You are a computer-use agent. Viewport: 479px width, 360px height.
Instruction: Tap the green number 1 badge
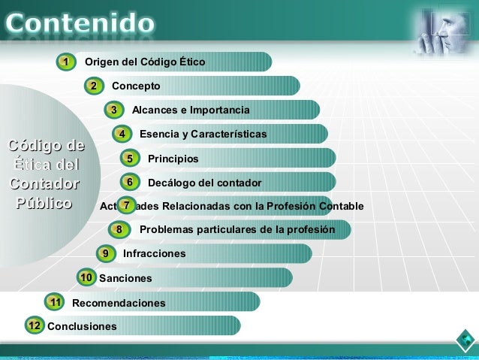pos(66,62)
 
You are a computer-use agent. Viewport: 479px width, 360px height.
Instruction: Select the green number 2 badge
pos(93,86)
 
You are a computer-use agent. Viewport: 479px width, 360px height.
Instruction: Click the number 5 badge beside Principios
pos(130,159)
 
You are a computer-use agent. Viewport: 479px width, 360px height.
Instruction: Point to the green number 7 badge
pos(128,205)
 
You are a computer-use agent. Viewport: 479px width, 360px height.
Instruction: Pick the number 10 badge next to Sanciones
pos(86,277)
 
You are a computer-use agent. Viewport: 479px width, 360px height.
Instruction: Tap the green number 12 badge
pos(34,325)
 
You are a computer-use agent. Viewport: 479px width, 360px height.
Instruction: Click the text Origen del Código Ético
pos(145,62)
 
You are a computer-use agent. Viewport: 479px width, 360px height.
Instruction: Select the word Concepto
pos(136,86)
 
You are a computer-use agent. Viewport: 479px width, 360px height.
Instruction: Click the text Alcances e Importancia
pos(191,110)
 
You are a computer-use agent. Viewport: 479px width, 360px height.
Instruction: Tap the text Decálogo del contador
pos(204,183)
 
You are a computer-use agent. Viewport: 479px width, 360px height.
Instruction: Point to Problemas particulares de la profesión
pos(237,229)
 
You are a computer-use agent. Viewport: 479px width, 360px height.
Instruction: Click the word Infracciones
pos(154,254)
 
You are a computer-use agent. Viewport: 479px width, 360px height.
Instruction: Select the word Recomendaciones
pos(119,303)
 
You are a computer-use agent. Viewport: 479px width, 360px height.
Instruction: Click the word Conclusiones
pos(82,326)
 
